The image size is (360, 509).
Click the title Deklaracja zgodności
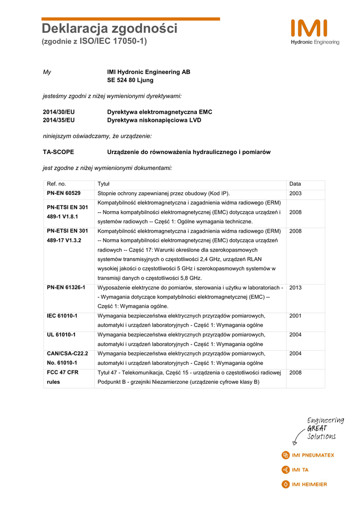coord(109,29)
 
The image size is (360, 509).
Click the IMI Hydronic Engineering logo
coord(315,32)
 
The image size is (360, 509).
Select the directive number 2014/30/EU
coord(59,112)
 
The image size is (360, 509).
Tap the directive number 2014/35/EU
coord(59,120)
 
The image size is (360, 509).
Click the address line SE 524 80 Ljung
coord(130,80)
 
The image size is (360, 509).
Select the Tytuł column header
coord(103,184)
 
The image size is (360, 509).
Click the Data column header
coord(295,184)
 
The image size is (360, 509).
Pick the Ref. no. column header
coord(56,184)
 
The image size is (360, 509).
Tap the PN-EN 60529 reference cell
coord(64,193)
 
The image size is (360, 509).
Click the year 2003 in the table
coord(295,193)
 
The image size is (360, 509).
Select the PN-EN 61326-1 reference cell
coord(66,287)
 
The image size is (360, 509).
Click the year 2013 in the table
coord(295,287)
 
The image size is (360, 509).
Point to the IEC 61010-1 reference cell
coord(62,316)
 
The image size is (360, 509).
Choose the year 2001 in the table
coord(295,316)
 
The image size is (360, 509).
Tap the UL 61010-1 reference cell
coord(61,335)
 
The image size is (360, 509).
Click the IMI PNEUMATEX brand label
coord(313,455)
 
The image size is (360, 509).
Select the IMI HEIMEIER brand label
coord(309,484)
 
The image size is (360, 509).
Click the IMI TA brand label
coord(300,469)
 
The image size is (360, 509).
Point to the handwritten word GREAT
coord(317,428)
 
